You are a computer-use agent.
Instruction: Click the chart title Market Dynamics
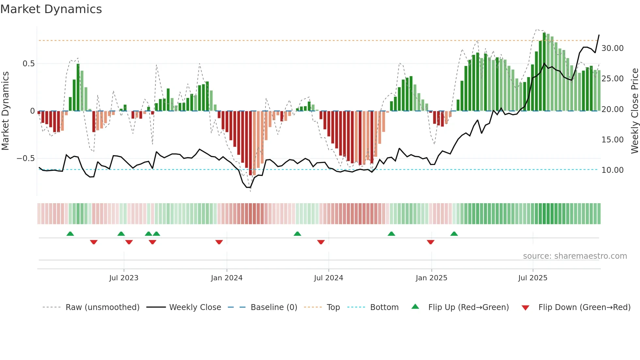pyautogui.click(x=51, y=9)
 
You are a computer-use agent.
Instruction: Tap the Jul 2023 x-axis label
pyautogui.click(x=124, y=278)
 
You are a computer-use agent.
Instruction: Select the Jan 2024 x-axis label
pyautogui.click(x=227, y=278)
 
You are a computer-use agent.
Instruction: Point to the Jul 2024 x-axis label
pyautogui.click(x=328, y=278)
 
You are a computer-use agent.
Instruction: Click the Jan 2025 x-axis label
pyautogui.click(x=431, y=278)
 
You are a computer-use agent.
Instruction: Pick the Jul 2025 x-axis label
pyautogui.click(x=533, y=278)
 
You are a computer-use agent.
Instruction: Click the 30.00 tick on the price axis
pyautogui.click(x=612, y=48)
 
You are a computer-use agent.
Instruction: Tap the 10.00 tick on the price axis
pyautogui.click(x=612, y=170)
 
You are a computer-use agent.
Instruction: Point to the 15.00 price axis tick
pyautogui.click(x=612, y=140)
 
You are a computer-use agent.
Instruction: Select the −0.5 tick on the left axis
pyautogui.click(x=26, y=158)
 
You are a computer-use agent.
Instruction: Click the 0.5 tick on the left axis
pyautogui.click(x=28, y=64)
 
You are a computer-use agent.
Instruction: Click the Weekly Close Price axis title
pyautogui.click(x=634, y=111)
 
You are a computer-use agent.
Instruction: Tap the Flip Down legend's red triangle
pyautogui.click(x=525, y=308)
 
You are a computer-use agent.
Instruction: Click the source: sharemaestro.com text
pyautogui.click(x=575, y=256)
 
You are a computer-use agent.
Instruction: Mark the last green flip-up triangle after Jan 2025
pyautogui.click(x=454, y=234)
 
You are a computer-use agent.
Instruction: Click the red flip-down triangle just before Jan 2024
pyautogui.click(x=219, y=242)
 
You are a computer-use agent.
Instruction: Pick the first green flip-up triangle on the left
pyautogui.click(x=70, y=234)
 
